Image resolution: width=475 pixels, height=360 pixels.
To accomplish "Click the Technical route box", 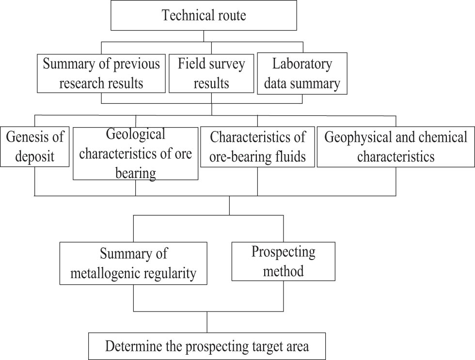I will click(204, 16).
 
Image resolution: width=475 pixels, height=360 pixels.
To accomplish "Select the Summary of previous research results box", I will click(101, 73).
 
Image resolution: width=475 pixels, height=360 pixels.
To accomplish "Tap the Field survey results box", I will click(211, 73).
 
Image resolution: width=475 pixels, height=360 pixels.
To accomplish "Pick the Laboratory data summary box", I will click(302, 73).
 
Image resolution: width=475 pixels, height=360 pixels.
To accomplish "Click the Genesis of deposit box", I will click(35, 147).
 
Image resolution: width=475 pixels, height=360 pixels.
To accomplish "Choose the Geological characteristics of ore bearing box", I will click(135, 153).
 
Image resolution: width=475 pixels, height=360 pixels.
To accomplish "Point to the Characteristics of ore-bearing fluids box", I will click(257, 147).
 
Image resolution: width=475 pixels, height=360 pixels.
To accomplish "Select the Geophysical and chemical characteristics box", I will click(396, 147).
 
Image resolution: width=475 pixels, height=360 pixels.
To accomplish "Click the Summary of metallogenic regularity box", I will click(133, 263).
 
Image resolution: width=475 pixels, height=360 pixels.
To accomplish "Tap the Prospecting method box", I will click(283, 261).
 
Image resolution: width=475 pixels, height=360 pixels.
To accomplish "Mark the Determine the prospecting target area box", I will click(207, 346).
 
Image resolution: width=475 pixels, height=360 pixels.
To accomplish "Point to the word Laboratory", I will click(302, 64).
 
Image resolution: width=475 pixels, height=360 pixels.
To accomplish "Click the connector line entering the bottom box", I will click(207, 322).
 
